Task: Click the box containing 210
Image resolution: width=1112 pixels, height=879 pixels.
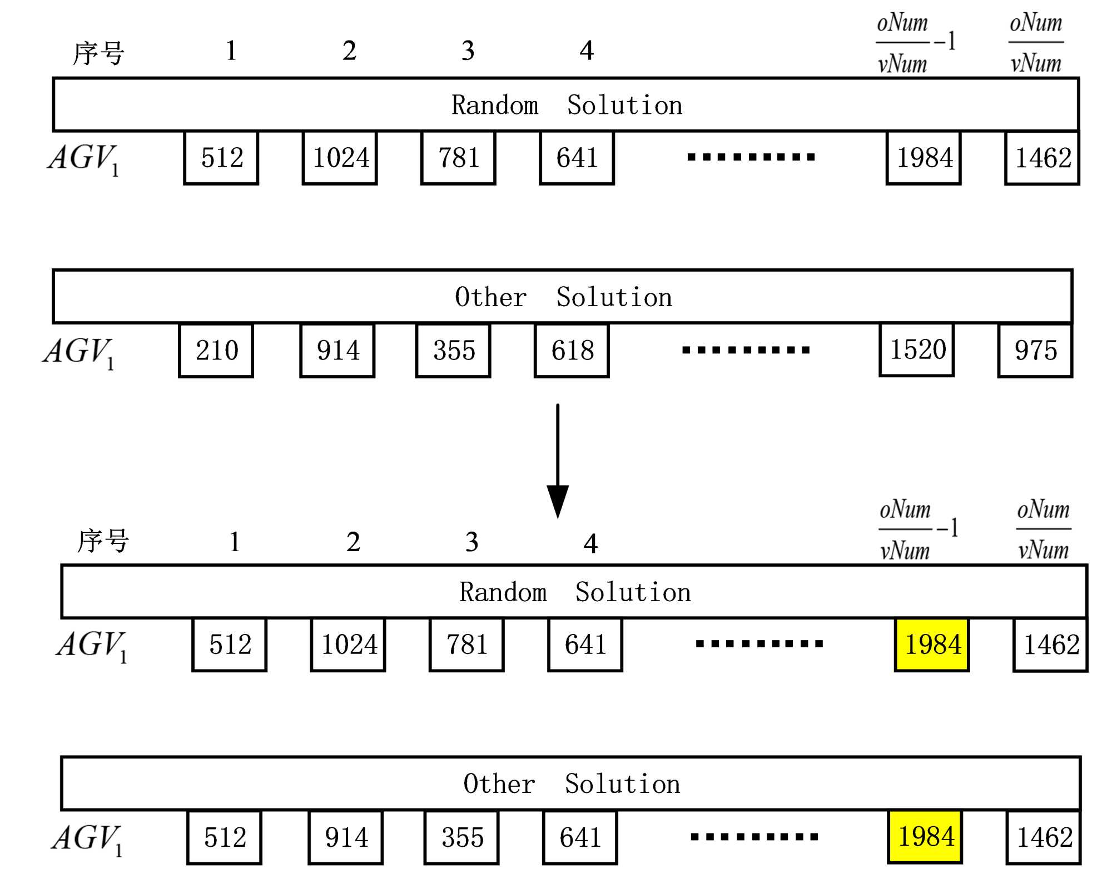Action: click(216, 351)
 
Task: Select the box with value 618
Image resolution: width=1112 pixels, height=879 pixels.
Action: click(572, 351)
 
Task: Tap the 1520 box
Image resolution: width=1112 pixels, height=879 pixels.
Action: click(917, 350)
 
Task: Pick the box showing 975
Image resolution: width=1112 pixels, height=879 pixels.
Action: click(1035, 351)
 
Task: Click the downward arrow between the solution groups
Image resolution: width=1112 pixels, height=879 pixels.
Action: click(558, 461)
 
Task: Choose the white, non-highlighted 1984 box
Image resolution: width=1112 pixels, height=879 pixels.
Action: click(924, 158)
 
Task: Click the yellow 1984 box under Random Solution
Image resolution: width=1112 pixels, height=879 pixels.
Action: click(932, 645)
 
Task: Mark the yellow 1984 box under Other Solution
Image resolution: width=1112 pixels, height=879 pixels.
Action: click(925, 837)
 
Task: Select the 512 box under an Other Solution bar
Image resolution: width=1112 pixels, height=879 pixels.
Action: click(225, 837)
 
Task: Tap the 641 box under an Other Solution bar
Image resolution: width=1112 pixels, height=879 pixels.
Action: click(580, 837)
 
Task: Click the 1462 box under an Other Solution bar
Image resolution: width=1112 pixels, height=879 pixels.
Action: click(1044, 837)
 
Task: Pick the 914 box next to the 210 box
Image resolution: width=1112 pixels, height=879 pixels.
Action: click(337, 351)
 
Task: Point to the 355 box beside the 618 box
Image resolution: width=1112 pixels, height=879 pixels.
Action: click(453, 351)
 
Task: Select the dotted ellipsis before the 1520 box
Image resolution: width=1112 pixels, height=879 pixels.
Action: click(746, 350)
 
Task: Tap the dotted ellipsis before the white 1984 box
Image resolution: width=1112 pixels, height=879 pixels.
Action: click(751, 157)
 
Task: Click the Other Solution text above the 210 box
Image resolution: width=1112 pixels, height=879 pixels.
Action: click(563, 297)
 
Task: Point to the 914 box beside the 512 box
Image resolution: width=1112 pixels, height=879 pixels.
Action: click(346, 837)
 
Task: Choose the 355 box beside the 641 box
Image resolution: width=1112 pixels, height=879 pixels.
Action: click(461, 837)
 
